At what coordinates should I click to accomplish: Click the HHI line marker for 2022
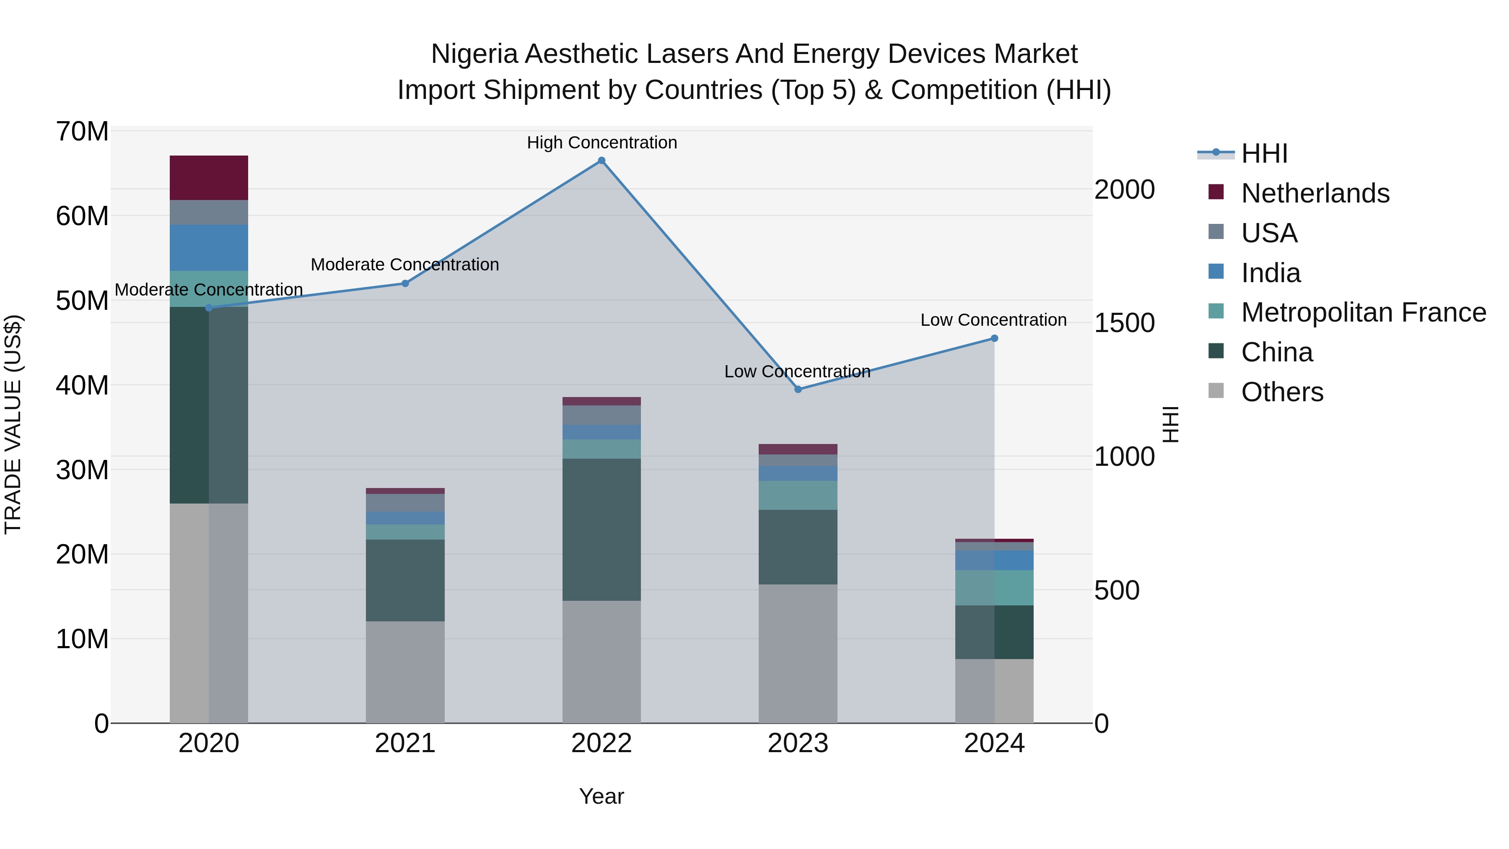click(x=601, y=161)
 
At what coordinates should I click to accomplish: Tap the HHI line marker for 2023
click(x=798, y=389)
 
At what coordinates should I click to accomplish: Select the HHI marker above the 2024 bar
click(x=994, y=338)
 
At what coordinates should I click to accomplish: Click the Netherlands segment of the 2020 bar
click(x=209, y=177)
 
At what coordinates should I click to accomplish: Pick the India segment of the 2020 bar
click(x=209, y=247)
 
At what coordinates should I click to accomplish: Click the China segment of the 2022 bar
click(x=601, y=529)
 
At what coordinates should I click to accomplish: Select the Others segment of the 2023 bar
click(x=798, y=653)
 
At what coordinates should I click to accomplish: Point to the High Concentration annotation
click(x=602, y=143)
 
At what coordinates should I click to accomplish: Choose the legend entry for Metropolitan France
click(x=1363, y=312)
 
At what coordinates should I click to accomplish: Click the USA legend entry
click(x=1269, y=233)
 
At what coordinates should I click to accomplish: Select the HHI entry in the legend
click(x=1264, y=153)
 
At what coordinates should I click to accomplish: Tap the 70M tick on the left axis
click(x=82, y=131)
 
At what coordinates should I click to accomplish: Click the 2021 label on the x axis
click(x=405, y=743)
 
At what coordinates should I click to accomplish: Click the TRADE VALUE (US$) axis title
click(x=13, y=424)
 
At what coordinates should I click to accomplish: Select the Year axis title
click(x=602, y=796)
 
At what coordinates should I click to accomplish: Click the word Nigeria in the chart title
click(x=474, y=54)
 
